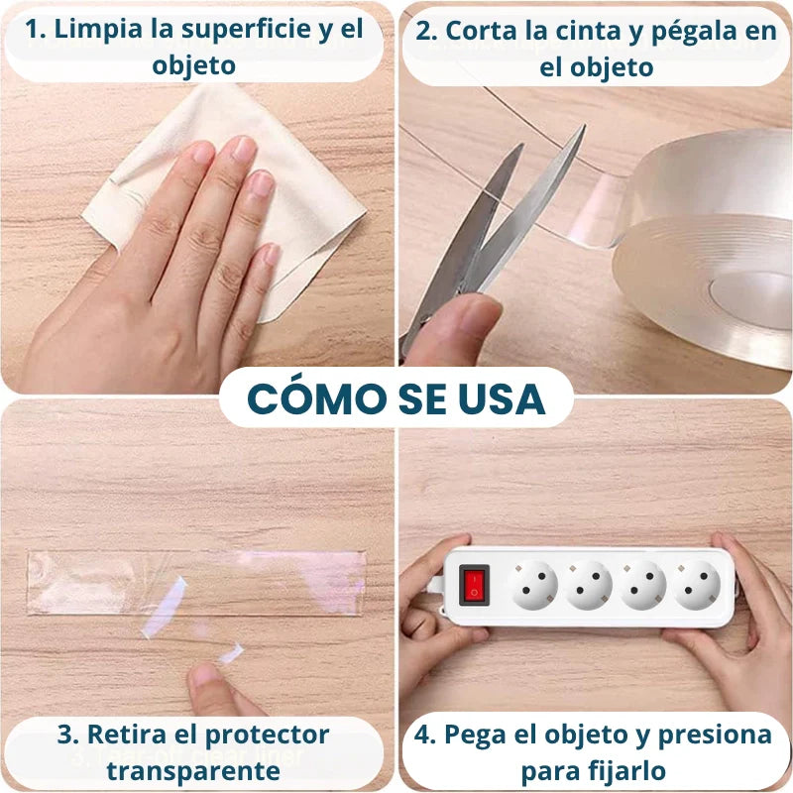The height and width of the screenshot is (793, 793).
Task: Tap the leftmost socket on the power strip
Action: coord(534,585)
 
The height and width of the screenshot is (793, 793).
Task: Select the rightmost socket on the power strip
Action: coord(697,585)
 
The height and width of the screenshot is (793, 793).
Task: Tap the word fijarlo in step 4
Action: coord(629,770)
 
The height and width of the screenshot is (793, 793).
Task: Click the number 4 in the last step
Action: coord(424,735)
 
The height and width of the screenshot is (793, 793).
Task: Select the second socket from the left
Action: coord(589,585)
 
